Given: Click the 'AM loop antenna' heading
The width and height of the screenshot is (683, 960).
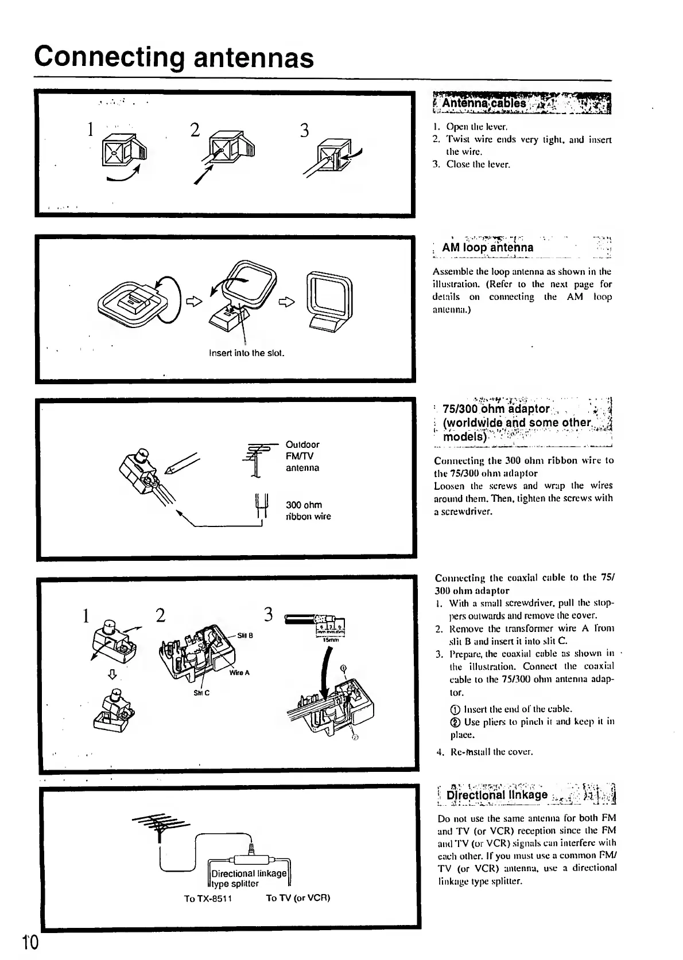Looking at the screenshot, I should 487,248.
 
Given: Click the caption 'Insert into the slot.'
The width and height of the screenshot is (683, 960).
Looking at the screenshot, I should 247,353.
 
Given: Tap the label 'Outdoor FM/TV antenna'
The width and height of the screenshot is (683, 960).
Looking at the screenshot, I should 302,456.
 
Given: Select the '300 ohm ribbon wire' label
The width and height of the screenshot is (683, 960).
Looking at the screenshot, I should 308,510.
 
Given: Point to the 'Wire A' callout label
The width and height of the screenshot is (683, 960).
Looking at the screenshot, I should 239,672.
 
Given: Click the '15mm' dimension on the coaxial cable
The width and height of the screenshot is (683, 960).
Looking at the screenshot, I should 329,640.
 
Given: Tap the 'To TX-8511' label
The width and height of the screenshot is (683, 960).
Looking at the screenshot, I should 208,897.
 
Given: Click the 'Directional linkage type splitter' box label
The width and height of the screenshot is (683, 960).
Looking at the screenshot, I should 249,878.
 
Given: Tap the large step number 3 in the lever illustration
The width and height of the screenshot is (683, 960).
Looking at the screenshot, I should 304,131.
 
